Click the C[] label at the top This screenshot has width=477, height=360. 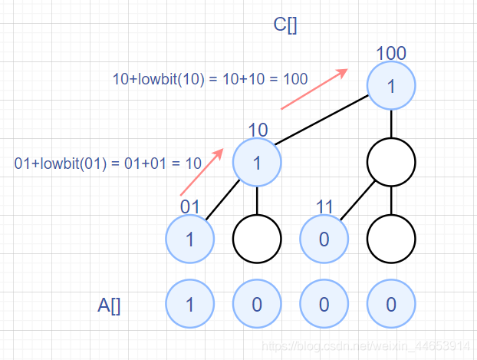(x=286, y=25)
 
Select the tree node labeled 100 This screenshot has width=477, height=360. (x=391, y=87)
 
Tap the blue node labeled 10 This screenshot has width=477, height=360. (x=257, y=162)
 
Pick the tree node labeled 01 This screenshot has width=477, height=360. (x=189, y=238)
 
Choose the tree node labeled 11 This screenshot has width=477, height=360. (x=324, y=238)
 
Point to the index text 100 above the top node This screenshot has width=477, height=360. (x=391, y=54)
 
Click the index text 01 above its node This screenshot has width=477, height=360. (x=190, y=206)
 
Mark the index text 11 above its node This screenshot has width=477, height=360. (x=324, y=206)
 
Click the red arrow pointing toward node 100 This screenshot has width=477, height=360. (x=314, y=89)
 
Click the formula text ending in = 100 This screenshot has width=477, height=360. (x=210, y=78)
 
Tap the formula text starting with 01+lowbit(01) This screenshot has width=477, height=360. (x=108, y=163)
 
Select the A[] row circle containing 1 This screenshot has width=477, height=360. (x=189, y=305)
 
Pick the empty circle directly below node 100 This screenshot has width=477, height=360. (x=391, y=162)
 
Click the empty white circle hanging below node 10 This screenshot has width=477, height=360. (x=257, y=238)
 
